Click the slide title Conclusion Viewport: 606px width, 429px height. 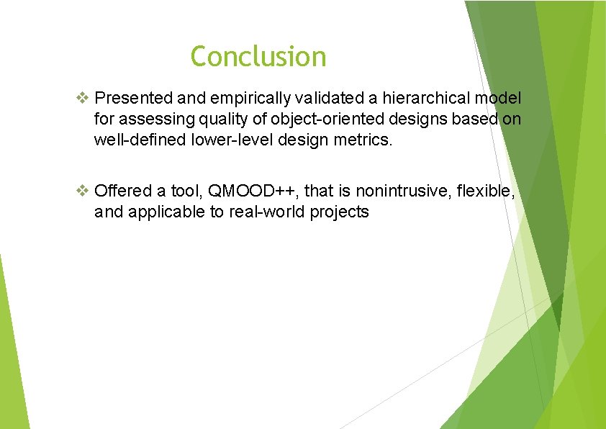click(258, 56)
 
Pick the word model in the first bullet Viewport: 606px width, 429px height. click(501, 98)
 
